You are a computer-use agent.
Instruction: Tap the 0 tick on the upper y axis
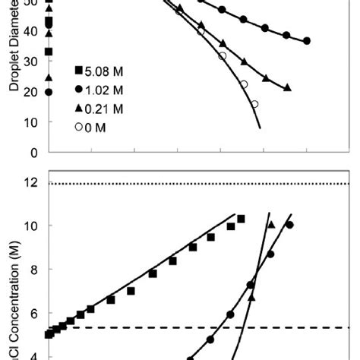tap(33, 152)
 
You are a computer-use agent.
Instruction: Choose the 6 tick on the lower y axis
tap(33, 313)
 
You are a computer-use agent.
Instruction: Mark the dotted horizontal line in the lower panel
tap(190, 184)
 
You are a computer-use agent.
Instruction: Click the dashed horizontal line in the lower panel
tap(190, 328)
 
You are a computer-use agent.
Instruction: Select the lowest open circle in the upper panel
tap(254, 104)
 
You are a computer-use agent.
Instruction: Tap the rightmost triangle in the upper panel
tap(287, 88)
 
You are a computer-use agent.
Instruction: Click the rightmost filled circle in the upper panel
tap(307, 41)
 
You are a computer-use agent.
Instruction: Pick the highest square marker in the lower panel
tap(242, 219)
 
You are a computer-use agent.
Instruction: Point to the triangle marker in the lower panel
tap(271, 225)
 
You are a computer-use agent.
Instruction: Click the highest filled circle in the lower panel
tap(289, 225)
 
